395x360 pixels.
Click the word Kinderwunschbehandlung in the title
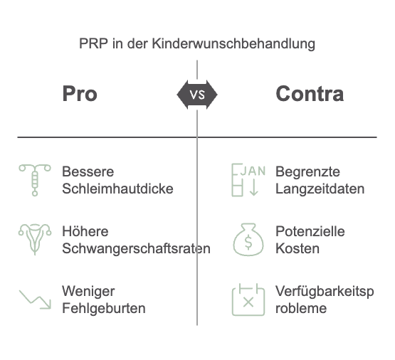coord(233,43)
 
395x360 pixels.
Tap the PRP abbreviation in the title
coord(93,43)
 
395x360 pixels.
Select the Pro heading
coord(80,94)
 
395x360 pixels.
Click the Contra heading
coord(310,94)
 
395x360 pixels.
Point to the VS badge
coord(197,95)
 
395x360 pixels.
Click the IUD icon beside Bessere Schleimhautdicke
coord(35,180)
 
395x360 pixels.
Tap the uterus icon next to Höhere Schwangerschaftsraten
coord(35,240)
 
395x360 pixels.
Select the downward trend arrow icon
coord(36,300)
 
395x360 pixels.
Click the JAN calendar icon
coord(248,180)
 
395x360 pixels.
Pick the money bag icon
coord(248,240)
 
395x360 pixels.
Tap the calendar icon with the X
coord(248,300)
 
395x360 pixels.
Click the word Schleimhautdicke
coord(117,189)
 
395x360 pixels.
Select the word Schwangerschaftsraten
coord(136,249)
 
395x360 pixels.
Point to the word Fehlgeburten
coord(104,308)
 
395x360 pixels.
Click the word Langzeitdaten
coord(320,189)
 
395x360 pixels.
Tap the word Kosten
coord(297,249)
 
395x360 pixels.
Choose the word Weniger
coord(88,292)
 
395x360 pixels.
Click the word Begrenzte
coord(307,172)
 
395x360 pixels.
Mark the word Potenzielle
coord(310,231)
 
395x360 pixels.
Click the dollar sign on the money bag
coord(248,242)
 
